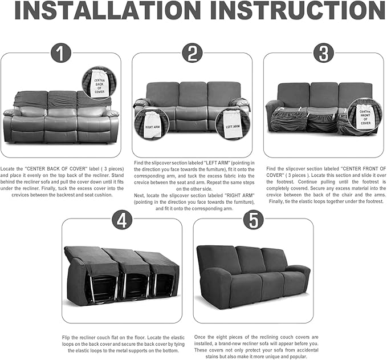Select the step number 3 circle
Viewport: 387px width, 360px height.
[x=323, y=54]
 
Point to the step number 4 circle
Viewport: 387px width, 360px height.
[x=121, y=219]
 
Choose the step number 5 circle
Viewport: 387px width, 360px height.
[x=253, y=220]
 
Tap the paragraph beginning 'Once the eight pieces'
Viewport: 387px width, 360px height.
[x=252, y=345]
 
